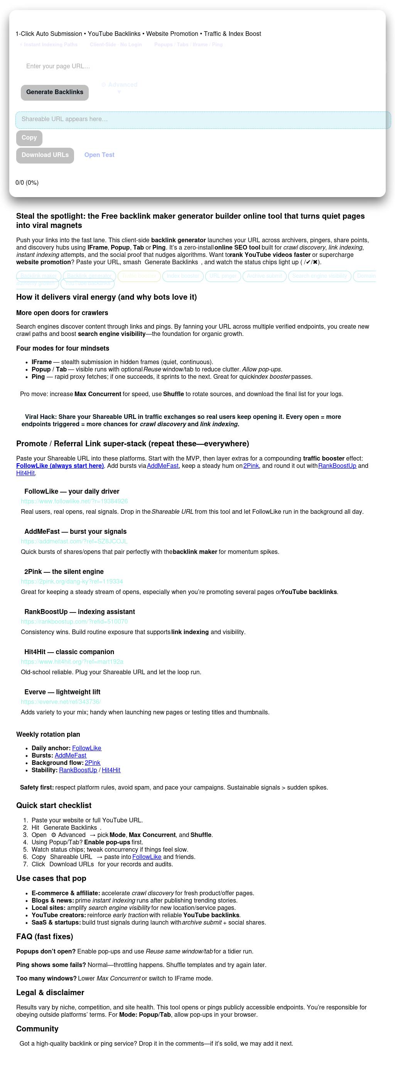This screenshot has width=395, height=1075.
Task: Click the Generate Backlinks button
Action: [55, 92]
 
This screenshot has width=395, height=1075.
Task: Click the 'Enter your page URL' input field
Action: [201, 66]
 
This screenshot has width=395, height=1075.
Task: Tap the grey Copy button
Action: [29, 138]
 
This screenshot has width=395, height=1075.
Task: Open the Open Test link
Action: [100, 155]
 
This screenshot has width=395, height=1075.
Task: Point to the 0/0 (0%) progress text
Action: [27, 183]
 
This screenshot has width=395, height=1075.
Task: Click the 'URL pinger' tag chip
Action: [223, 276]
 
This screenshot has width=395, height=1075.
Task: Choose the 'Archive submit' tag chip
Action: [264, 276]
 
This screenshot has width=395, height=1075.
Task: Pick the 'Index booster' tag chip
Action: [183, 276]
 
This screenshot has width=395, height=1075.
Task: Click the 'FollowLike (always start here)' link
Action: [60, 466]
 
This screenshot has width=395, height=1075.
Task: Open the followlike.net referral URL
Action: [74, 501]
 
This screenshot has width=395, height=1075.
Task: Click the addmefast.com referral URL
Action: [74, 541]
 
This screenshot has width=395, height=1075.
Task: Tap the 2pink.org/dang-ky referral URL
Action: [72, 581]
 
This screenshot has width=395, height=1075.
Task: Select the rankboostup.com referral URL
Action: [74, 621]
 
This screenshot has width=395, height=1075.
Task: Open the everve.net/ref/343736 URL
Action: [61, 702]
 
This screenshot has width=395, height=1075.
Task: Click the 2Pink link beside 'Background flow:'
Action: [92, 763]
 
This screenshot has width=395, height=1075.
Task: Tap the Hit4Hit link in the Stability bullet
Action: [111, 770]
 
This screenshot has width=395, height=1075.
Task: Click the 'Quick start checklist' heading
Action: [54, 805]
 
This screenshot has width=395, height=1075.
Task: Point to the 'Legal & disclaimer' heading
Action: [50, 992]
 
